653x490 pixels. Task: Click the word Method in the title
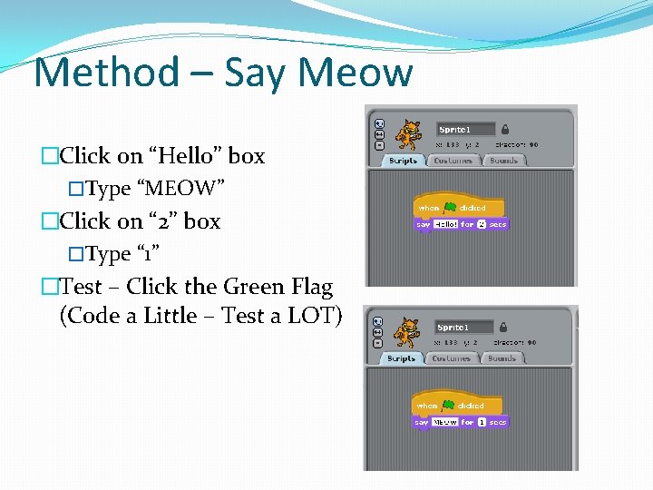(106, 73)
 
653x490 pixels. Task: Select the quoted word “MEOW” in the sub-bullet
(180, 189)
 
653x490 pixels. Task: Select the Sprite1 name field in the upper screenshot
(465, 129)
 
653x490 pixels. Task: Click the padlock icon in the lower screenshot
(503, 327)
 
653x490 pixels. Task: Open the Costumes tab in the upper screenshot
(453, 161)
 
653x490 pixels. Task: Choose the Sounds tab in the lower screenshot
(502, 358)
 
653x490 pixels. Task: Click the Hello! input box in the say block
(445, 224)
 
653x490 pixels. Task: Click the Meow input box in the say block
(445, 422)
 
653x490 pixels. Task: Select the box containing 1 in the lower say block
(482, 422)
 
